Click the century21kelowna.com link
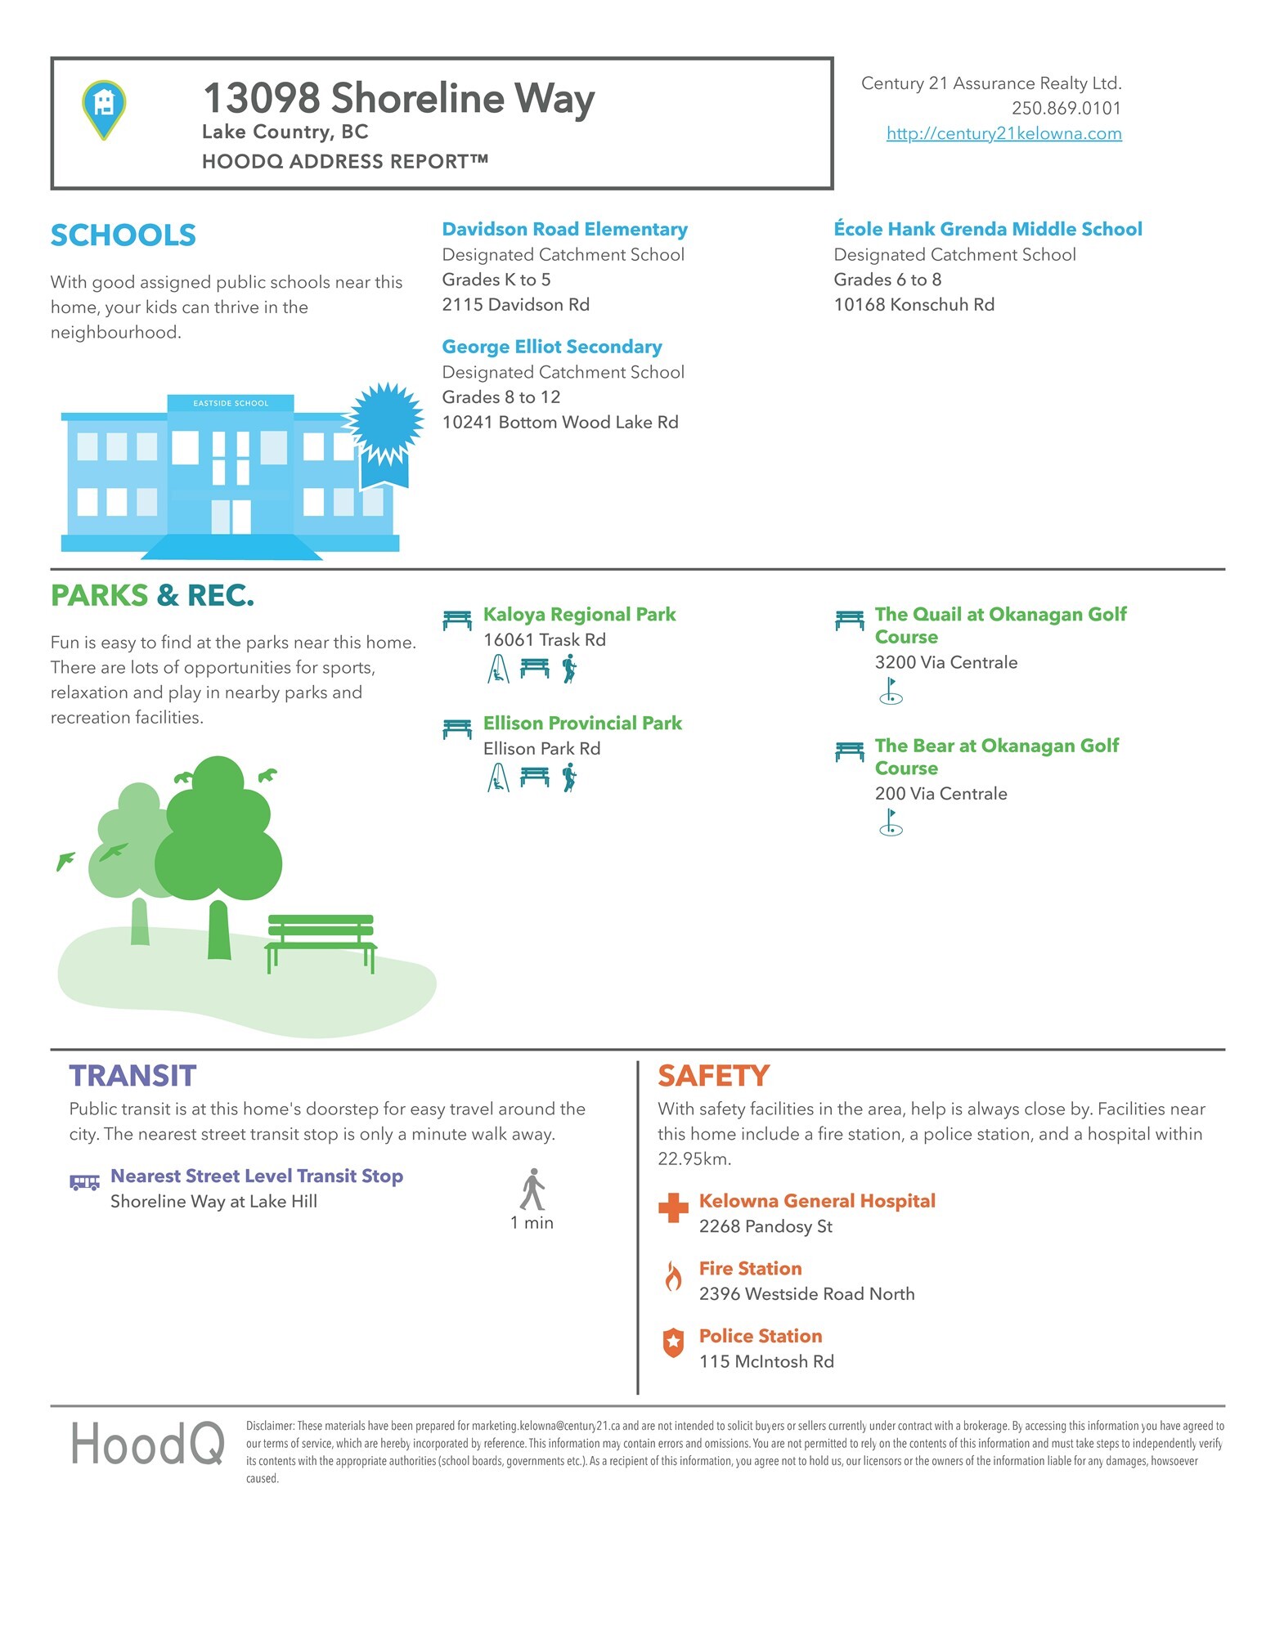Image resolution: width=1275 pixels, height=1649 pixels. [x=1003, y=133]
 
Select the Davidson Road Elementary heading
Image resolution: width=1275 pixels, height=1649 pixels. [x=564, y=229]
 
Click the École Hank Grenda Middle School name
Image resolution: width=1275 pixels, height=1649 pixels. [x=987, y=229]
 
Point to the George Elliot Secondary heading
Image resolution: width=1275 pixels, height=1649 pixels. [x=552, y=347]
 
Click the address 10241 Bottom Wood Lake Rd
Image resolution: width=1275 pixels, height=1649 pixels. [x=560, y=422]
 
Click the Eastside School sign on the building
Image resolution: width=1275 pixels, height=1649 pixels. [x=231, y=403]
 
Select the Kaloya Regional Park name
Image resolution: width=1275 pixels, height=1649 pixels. [x=579, y=614]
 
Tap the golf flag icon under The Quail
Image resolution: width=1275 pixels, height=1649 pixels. [x=891, y=691]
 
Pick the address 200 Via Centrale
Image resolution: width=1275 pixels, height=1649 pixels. [x=941, y=793]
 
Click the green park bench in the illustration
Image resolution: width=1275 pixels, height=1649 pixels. [x=321, y=941]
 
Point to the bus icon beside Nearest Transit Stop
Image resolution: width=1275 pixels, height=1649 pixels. [x=84, y=1182]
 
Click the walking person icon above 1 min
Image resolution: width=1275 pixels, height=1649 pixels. [x=532, y=1190]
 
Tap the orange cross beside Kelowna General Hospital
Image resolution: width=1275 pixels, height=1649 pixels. [x=673, y=1208]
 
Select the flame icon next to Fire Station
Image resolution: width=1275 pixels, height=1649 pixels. [x=673, y=1275]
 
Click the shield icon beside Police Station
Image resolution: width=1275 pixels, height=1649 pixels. [x=673, y=1342]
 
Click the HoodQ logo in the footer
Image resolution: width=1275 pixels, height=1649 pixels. [x=147, y=1445]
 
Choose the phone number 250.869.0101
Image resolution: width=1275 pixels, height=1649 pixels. [x=1066, y=108]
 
